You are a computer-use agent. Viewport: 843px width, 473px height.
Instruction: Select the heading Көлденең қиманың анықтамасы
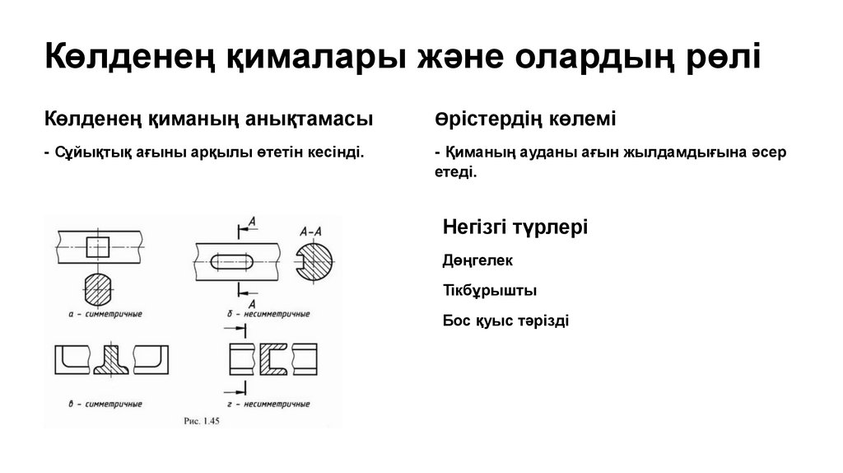(208, 119)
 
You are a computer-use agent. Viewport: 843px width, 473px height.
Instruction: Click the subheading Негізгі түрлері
(515, 227)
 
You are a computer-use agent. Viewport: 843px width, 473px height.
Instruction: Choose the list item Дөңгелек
(477, 261)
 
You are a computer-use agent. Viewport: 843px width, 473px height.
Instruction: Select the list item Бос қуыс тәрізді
(505, 321)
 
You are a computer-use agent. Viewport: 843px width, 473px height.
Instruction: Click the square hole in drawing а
(98, 246)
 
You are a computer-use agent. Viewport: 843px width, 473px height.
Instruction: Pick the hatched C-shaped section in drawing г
(272, 360)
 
